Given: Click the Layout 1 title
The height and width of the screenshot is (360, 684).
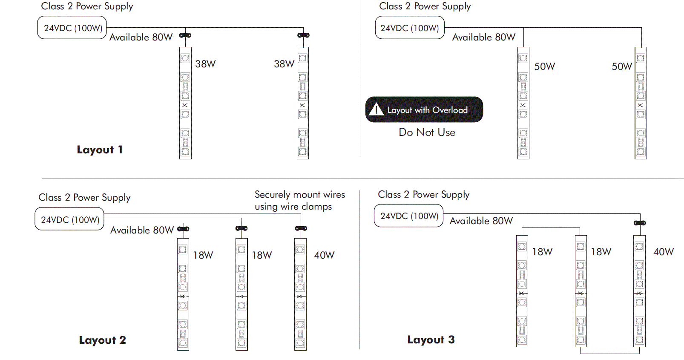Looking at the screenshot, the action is point(100,150).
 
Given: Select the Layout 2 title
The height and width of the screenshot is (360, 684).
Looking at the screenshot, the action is point(102,340).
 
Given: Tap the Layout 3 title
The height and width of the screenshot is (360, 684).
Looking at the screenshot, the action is point(431,340).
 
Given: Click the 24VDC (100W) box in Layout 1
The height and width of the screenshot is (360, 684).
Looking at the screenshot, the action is point(72,28).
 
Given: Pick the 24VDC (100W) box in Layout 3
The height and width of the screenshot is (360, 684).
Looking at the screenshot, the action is point(409,216).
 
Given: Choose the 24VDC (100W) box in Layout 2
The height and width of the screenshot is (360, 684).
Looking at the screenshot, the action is point(70,219).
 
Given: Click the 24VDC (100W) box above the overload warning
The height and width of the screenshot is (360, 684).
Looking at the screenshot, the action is point(409,28).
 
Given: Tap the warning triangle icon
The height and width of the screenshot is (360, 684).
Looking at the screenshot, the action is point(376,109).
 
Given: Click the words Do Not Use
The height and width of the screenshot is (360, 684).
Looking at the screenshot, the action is point(427,132).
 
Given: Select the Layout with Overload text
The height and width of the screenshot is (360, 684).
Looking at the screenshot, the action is point(427,110).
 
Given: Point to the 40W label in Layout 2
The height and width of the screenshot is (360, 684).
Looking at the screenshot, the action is point(324,255).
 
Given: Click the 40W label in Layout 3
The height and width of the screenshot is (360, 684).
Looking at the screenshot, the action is point(664,252).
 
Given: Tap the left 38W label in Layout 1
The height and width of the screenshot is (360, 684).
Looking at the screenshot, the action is point(205,64).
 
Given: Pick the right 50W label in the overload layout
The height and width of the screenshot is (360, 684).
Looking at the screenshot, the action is point(622,66).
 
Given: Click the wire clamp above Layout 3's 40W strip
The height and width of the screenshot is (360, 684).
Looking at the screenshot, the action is point(640,223).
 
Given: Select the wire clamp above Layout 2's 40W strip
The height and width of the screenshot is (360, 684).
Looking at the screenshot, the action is point(301,228).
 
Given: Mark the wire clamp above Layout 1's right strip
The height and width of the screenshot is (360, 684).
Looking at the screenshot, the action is point(303,35).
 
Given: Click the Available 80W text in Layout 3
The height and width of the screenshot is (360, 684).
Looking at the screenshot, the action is point(481,221).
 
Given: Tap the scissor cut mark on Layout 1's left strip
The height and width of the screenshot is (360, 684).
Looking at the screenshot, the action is point(185,105).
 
